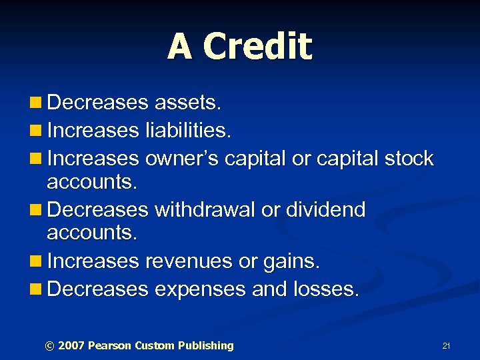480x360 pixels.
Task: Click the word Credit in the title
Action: point(257,47)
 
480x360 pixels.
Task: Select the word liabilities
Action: point(189,131)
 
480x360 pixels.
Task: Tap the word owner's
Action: point(181,159)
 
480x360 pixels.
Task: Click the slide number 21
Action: point(446,346)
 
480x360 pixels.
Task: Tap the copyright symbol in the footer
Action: point(49,346)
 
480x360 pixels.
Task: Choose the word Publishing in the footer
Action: point(206,345)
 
